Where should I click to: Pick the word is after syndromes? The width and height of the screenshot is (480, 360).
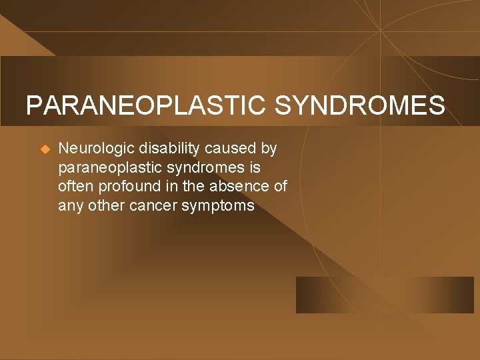coord(255,167)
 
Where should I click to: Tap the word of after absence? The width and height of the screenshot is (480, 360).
coord(281,186)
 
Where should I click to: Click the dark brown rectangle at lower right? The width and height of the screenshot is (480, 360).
coord(385,295)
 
